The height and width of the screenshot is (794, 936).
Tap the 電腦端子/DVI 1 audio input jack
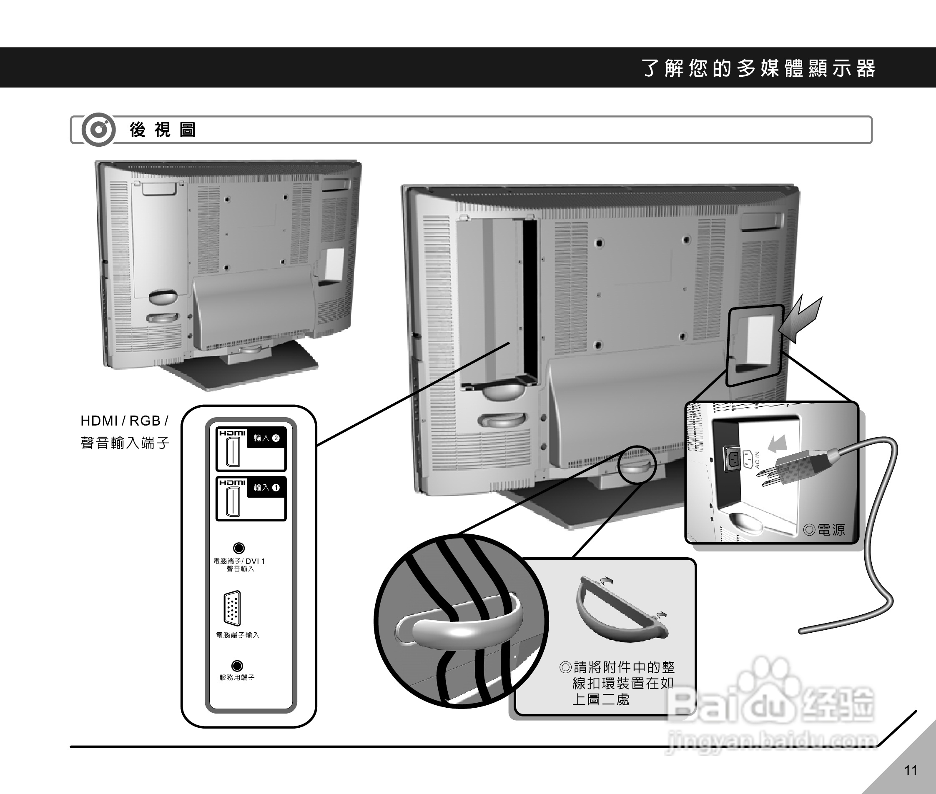[x=238, y=548]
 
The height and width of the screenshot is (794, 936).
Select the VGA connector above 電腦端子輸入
[x=232, y=608]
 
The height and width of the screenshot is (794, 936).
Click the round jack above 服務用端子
[x=237, y=666]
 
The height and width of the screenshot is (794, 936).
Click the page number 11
[x=910, y=771]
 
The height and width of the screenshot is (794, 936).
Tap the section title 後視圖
[x=162, y=130]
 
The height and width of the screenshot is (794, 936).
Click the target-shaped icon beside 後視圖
[x=98, y=130]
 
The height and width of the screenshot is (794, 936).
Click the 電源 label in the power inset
[x=824, y=530]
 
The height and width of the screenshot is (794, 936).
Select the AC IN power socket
[x=731, y=458]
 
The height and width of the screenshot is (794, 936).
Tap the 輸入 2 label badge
[x=266, y=438]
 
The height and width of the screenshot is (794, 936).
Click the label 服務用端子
[x=237, y=677]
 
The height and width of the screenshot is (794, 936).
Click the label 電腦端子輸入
[x=237, y=635]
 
